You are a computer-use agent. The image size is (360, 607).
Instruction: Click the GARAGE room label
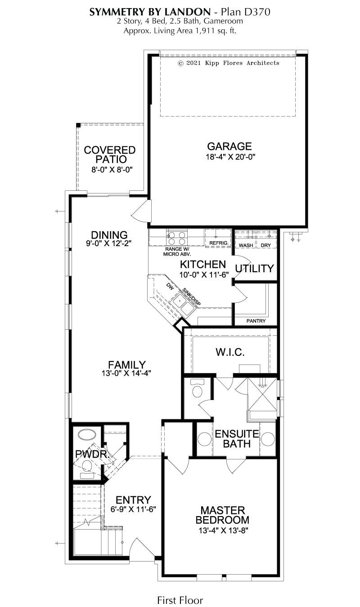point(229,146)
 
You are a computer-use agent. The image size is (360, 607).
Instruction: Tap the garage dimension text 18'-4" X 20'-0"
point(230,157)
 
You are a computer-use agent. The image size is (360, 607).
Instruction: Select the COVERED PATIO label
point(109,154)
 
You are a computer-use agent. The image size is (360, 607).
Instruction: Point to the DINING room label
point(109,235)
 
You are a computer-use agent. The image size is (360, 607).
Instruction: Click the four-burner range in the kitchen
point(177,238)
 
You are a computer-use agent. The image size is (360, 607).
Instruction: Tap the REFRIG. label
point(219,243)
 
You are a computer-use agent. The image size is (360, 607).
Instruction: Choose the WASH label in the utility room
point(246,245)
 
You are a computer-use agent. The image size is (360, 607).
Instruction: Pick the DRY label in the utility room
point(265,245)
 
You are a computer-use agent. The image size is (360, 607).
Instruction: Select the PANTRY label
point(256,321)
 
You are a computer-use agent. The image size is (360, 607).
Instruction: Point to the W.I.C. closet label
point(230,352)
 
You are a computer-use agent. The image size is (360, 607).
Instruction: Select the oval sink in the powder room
point(86,434)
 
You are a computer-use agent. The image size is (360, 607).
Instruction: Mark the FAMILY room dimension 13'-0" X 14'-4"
point(126,373)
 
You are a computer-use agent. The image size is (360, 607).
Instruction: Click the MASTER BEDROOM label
point(223,515)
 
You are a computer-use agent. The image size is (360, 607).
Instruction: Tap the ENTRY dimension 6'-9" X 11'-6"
point(133,509)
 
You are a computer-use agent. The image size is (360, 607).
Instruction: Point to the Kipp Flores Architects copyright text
point(229,63)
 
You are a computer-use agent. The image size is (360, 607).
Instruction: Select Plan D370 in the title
point(246,12)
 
